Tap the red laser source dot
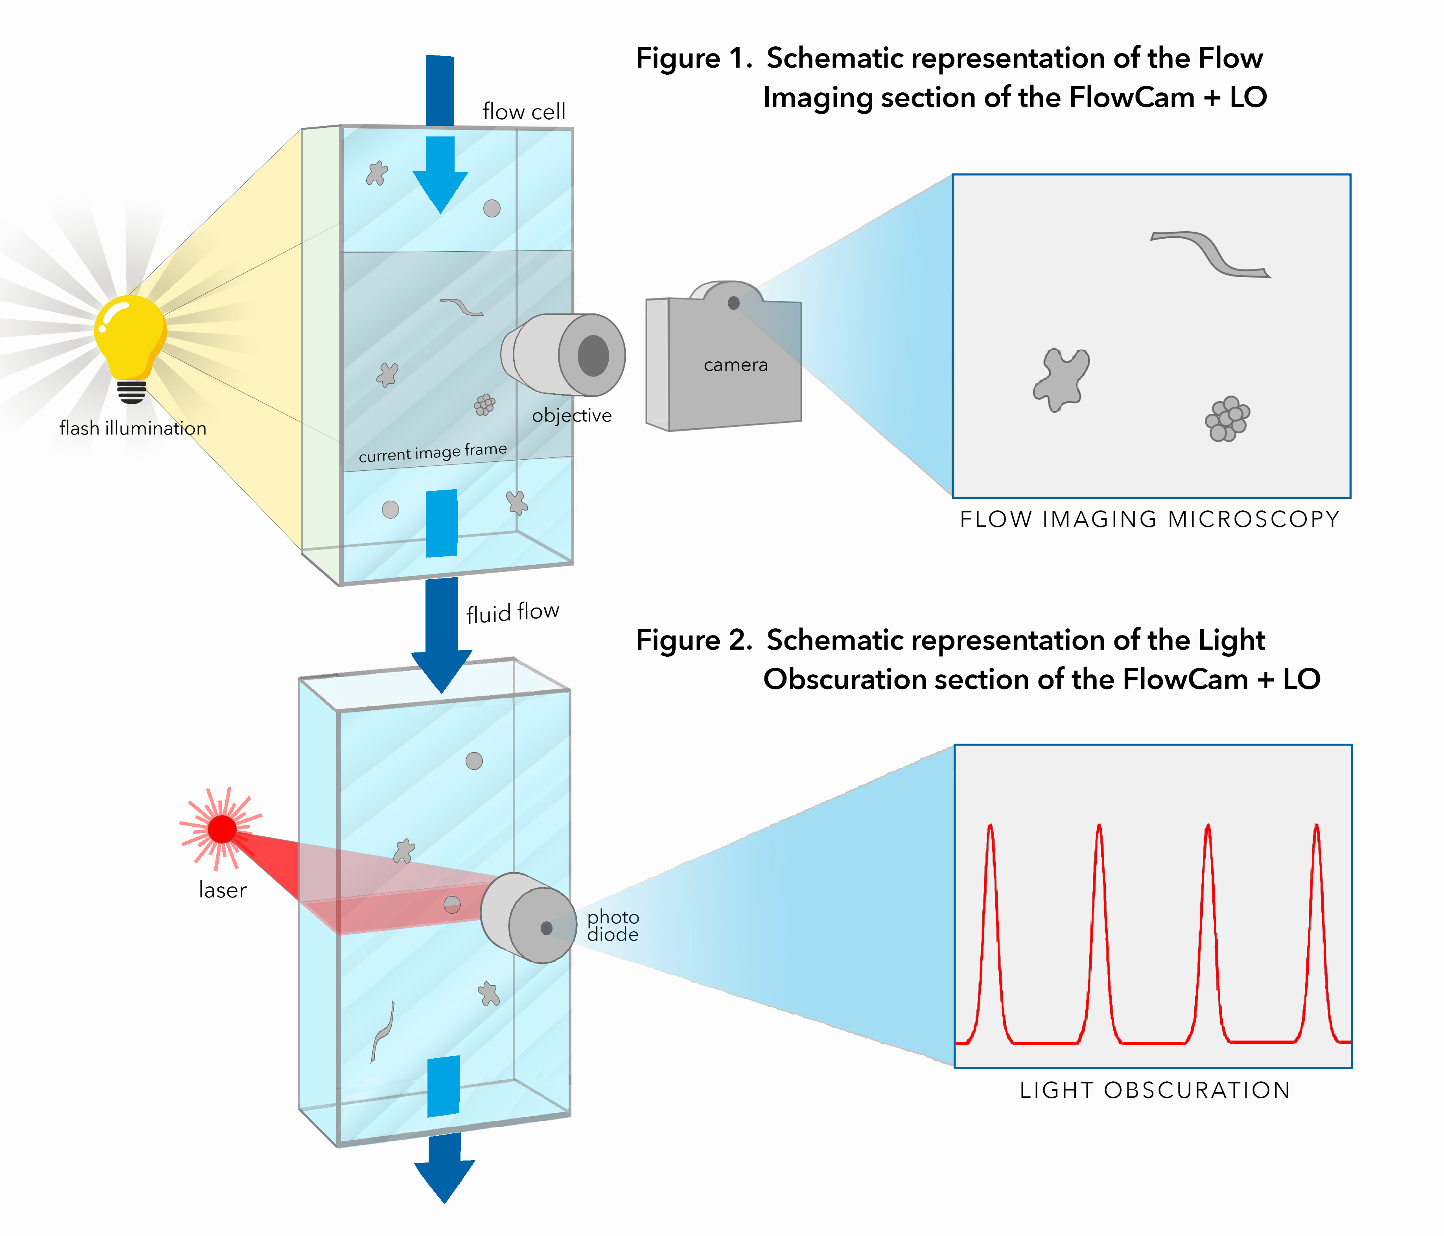point(222,829)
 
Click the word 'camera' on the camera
point(735,365)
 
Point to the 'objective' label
point(571,415)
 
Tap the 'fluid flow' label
point(512,612)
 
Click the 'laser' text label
point(222,890)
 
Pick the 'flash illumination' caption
point(133,428)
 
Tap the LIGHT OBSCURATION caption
point(1155,1090)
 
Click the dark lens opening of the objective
point(593,356)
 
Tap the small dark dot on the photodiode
point(546,928)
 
